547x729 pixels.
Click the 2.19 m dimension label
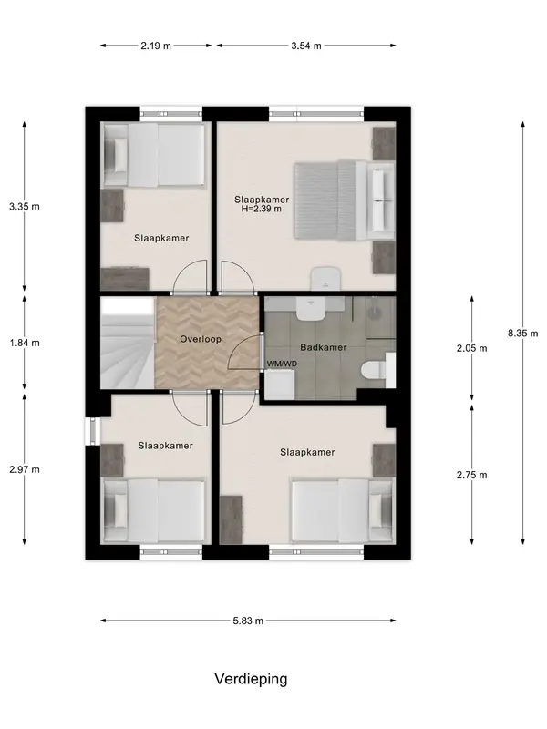[x=156, y=46]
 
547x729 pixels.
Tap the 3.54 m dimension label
[x=306, y=46]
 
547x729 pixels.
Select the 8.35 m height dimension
[x=522, y=333]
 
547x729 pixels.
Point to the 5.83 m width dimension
[x=248, y=621]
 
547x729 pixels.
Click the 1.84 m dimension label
[x=25, y=343]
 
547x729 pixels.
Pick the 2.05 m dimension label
[x=471, y=348]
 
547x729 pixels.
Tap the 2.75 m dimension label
[x=471, y=475]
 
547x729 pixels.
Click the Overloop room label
[x=201, y=339]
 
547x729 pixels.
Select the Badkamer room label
[x=324, y=347]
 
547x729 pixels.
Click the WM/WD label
[x=282, y=364]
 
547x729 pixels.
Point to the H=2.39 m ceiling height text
[x=262, y=209]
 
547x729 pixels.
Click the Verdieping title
[x=251, y=679]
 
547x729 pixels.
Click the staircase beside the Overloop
[x=128, y=343]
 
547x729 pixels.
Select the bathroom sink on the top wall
[x=310, y=309]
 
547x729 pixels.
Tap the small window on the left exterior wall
[x=93, y=431]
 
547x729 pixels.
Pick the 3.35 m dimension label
[x=25, y=207]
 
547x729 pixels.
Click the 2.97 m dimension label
[x=25, y=469]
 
